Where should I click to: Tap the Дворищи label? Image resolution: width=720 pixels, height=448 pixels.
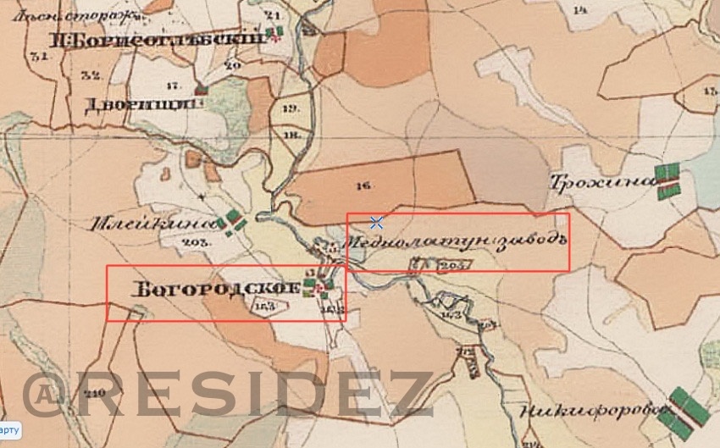(141, 105)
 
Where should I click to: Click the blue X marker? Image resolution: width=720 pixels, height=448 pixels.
(377, 223)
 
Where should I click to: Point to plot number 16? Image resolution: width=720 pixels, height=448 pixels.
(365, 183)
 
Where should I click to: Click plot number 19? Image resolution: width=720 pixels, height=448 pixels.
(291, 108)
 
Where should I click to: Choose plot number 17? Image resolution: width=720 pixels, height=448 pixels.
(174, 86)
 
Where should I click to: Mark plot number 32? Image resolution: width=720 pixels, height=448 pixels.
(91, 75)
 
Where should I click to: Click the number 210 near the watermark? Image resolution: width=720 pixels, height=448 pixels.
(95, 392)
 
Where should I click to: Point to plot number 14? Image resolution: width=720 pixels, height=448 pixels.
(579, 10)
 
